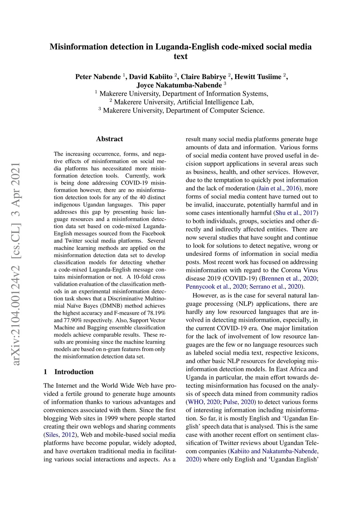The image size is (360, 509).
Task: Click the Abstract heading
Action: [x=109, y=139]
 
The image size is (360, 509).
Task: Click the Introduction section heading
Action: [x=74, y=372]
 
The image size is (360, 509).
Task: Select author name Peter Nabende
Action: [x=98, y=77]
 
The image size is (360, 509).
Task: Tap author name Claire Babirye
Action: [x=203, y=77]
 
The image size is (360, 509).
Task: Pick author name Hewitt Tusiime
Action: [x=258, y=77]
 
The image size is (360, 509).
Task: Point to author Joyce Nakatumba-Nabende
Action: [x=179, y=85]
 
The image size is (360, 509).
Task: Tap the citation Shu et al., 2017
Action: [x=296, y=213]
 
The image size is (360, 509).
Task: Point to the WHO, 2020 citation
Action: [x=203, y=402]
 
